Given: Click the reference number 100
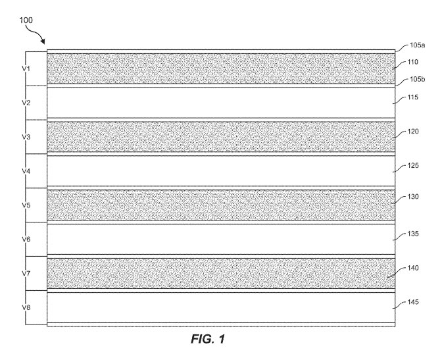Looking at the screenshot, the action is [x=26, y=20].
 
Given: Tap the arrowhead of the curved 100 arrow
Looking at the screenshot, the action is [x=43, y=41].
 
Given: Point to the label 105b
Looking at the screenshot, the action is [x=417, y=79].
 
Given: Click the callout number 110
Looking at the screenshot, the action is [x=413, y=62].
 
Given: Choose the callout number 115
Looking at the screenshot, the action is [x=413, y=97].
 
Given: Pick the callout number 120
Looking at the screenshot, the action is [x=413, y=132].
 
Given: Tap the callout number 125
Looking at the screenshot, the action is [x=413, y=166].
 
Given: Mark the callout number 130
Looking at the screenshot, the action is [x=413, y=197].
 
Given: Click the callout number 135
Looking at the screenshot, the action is [x=413, y=234].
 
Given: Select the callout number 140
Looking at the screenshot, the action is [x=413, y=268].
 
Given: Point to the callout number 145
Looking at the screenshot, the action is [x=413, y=302].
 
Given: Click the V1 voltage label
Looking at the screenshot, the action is [x=26, y=68].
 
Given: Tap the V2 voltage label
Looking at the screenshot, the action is [x=26, y=103].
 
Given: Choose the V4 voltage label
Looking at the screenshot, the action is [x=26, y=171].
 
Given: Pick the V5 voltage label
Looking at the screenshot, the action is [x=26, y=205].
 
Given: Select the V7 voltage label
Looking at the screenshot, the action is [x=26, y=273].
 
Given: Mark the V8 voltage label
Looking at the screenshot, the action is [x=26, y=307].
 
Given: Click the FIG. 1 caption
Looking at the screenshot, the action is [x=208, y=339].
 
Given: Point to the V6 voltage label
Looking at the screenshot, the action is [x=26, y=240].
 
